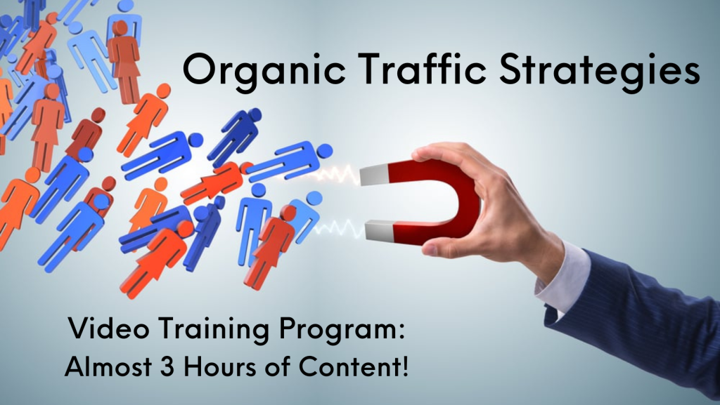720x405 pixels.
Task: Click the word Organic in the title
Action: tap(264, 70)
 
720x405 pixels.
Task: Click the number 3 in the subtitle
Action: tap(167, 366)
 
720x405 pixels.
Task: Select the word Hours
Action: tap(220, 366)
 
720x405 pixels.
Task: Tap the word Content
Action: tap(347, 366)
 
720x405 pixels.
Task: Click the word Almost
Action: tap(108, 366)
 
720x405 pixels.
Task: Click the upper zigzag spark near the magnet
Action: tap(337, 175)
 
